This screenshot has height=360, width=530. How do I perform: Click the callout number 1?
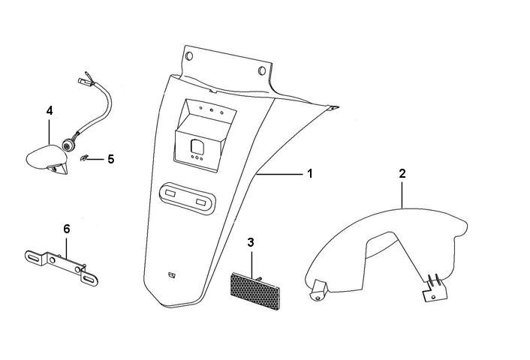309,173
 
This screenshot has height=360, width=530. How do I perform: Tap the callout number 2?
402,173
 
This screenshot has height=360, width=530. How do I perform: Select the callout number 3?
251,242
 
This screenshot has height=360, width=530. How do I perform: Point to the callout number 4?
50,110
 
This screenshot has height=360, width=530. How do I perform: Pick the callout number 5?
110,159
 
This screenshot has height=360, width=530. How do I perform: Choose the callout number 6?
67,229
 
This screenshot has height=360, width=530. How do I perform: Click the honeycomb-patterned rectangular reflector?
251,286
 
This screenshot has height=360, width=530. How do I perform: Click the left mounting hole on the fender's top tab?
188,57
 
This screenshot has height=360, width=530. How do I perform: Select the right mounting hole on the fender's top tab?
261,71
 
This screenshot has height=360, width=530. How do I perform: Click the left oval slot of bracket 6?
33,257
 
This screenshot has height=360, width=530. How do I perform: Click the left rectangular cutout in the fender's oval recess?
170,194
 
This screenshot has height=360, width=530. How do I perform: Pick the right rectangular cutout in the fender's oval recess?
200,202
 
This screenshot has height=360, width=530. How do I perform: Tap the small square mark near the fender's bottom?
172,274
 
